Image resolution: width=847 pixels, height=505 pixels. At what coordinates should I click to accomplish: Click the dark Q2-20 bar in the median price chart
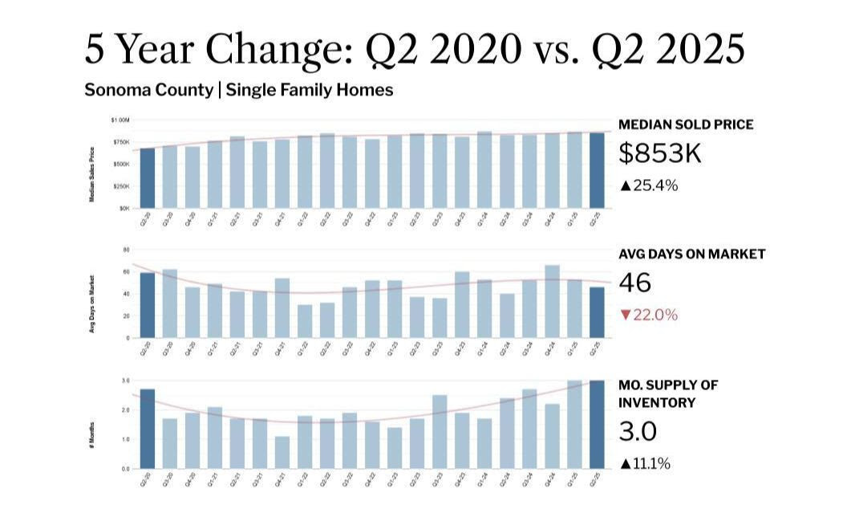tap(148, 177)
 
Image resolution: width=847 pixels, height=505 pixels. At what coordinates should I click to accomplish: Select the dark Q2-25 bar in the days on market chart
tap(598, 312)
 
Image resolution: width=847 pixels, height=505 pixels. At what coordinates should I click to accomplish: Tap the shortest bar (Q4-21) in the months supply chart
tap(282, 452)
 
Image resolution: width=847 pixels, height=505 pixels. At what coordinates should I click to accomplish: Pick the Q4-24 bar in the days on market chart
tap(553, 301)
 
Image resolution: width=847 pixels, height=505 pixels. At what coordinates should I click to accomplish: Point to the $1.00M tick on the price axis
tap(120, 120)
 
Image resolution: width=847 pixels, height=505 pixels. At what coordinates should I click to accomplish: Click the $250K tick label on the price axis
tap(121, 186)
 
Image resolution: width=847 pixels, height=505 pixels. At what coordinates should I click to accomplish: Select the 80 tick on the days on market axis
tap(126, 250)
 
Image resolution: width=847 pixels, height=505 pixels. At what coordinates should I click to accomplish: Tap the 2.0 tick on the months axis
tap(125, 409)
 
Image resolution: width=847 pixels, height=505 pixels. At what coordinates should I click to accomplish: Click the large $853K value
tap(660, 153)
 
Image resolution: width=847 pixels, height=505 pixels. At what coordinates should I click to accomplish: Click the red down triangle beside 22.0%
tap(626, 316)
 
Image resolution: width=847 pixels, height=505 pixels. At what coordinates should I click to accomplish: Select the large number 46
tap(635, 283)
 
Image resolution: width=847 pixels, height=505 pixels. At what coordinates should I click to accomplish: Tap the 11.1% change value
tap(652, 463)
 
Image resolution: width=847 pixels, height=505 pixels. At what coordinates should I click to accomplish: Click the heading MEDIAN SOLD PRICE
tap(686, 124)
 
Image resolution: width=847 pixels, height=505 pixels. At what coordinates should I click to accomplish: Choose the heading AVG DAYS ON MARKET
tap(691, 254)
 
